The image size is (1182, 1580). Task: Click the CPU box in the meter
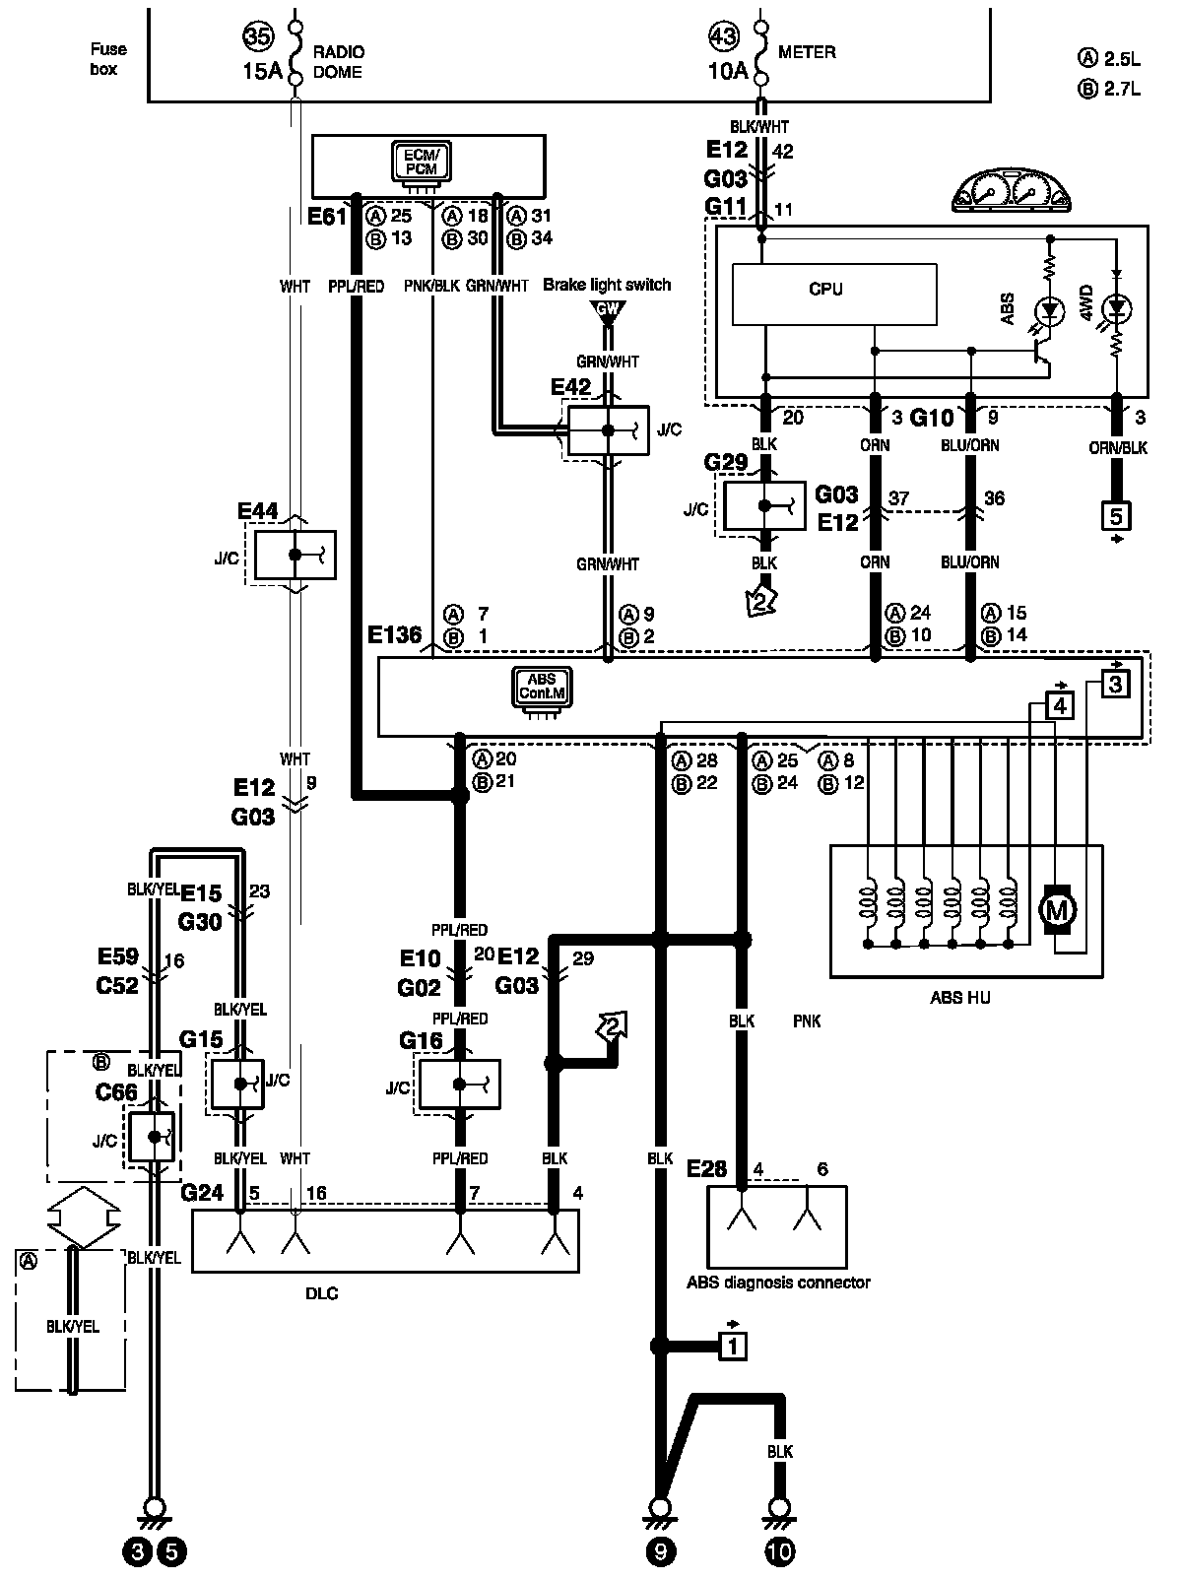click(x=834, y=294)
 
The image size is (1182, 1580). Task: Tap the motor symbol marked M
click(x=1056, y=911)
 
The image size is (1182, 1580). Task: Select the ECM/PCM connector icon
click(x=422, y=163)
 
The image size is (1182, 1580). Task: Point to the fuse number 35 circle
click(x=258, y=35)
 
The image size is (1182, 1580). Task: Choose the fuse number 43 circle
click(x=723, y=35)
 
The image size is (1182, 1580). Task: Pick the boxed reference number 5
click(x=1116, y=516)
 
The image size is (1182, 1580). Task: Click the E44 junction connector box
click(x=295, y=555)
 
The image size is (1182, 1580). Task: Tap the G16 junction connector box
click(x=460, y=1085)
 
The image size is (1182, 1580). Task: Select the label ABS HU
click(x=959, y=998)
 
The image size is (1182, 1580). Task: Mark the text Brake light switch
click(x=607, y=285)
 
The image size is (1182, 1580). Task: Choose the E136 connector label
click(x=394, y=634)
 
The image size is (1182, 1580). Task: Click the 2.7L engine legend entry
click(x=1109, y=89)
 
